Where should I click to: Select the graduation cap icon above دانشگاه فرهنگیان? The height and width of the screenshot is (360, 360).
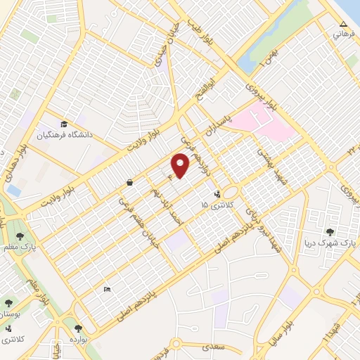pyautogui.click(x=64, y=120)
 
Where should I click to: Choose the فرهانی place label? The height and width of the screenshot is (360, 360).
pyautogui.click(x=339, y=34)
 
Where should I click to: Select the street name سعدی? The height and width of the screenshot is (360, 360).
pyautogui.click(x=212, y=346)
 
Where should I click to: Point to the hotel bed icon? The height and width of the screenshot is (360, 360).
pyautogui.click(x=107, y=289)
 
